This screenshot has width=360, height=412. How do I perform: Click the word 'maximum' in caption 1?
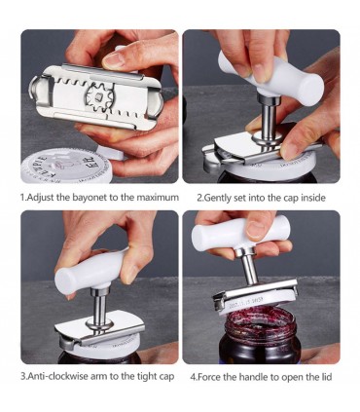pyautogui.click(x=158, y=198)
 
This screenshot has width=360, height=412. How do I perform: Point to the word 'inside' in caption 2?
pyautogui.click(x=313, y=198)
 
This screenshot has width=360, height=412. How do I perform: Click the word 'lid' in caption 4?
pyautogui.click(x=327, y=377)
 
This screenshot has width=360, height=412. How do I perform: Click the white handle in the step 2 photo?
pyautogui.click(x=270, y=78)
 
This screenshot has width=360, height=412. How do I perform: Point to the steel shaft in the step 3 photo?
pyautogui.click(x=99, y=308)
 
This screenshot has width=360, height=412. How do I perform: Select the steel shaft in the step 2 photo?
pyautogui.click(x=269, y=117)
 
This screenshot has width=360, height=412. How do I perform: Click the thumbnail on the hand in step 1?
pyautogui.click(x=114, y=59)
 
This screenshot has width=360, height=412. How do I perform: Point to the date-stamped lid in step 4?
pyautogui.click(x=256, y=302)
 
